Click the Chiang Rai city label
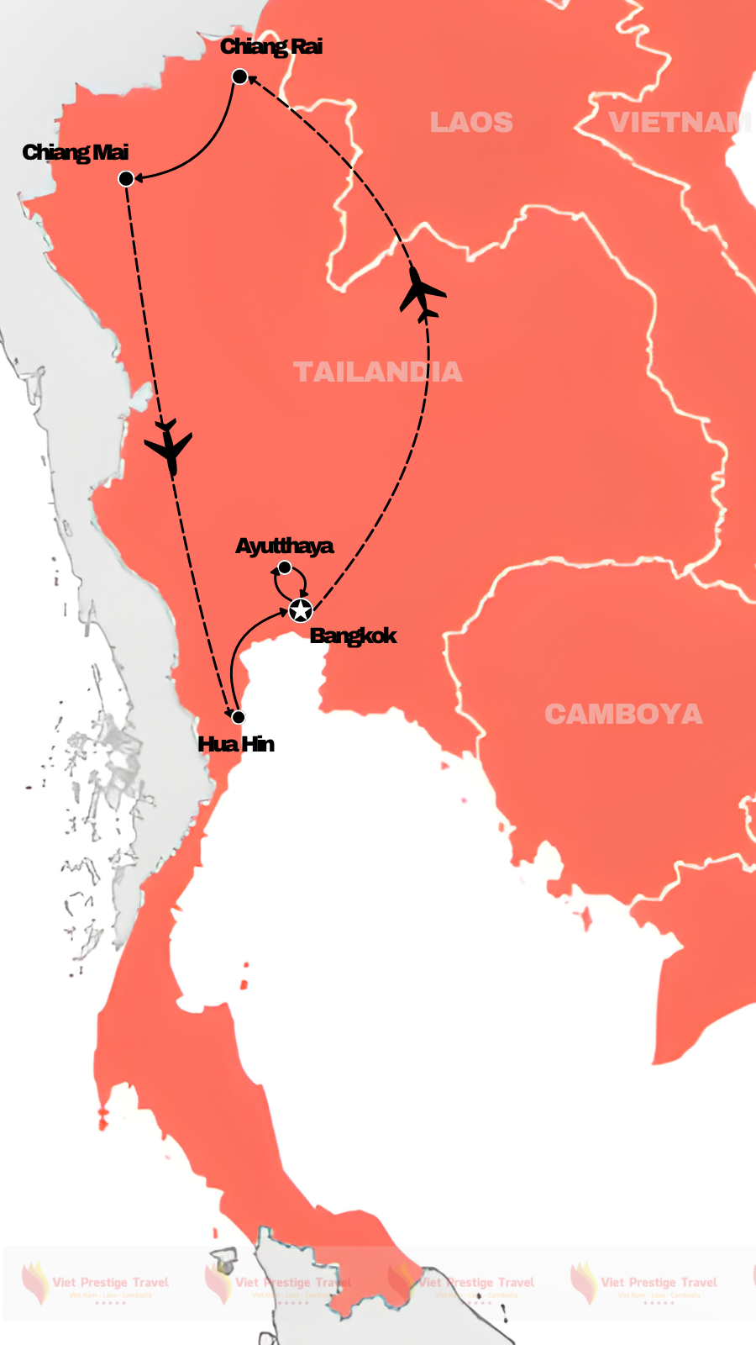tap(270, 47)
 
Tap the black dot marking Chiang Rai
tap(239, 77)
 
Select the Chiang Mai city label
tap(76, 152)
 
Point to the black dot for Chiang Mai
tap(126, 178)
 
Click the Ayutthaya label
tap(284, 546)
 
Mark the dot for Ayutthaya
tap(285, 567)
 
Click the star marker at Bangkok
tap(300, 610)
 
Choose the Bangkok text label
tap(353, 636)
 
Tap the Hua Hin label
tap(236, 744)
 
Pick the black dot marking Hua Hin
tap(238, 717)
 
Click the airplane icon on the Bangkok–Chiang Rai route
tap(421, 293)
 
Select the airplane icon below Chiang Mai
tap(170, 446)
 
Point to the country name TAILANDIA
tap(377, 372)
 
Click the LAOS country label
tap(471, 123)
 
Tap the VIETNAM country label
tap(680, 123)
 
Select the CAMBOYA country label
tap(623, 715)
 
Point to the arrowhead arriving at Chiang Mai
tap(140, 177)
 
